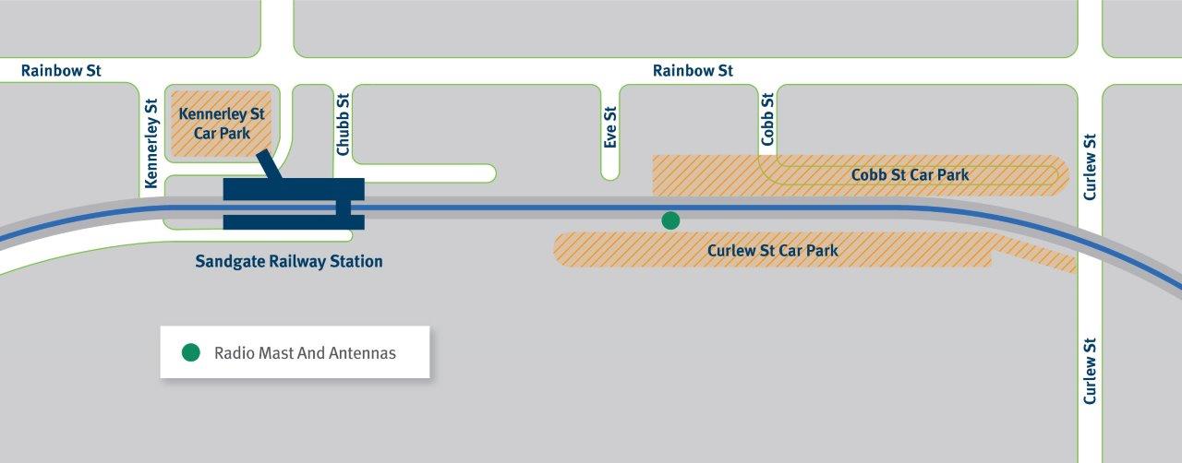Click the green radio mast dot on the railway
pyautogui.click(x=670, y=220)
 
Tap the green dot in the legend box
pyautogui.click(x=191, y=352)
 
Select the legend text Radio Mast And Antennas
pyautogui.click(x=305, y=353)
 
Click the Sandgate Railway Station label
pyautogui.click(x=289, y=261)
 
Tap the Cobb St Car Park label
pyautogui.click(x=910, y=174)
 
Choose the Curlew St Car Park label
pyautogui.click(x=773, y=250)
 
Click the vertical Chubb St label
pyautogui.click(x=343, y=124)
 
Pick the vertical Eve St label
pyautogui.click(x=609, y=126)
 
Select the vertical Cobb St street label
pyautogui.click(x=766, y=118)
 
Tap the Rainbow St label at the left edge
pyautogui.click(x=61, y=70)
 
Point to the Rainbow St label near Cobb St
pyautogui.click(x=693, y=70)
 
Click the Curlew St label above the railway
pyautogui.click(x=1091, y=166)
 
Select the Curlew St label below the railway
pyautogui.click(x=1091, y=369)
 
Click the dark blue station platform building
pyautogui.click(x=294, y=203)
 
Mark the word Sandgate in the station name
pyautogui.click(x=228, y=261)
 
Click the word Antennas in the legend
pyautogui.click(x=365, y=353)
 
